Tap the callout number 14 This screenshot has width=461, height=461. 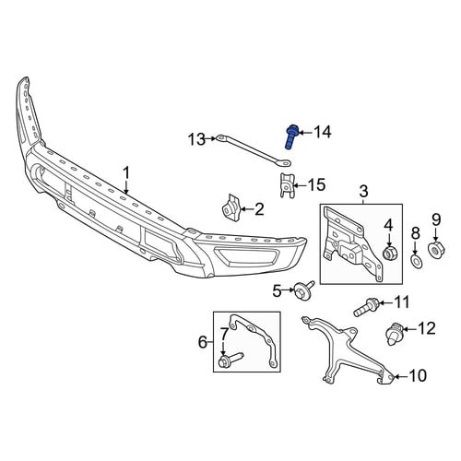[322, 132]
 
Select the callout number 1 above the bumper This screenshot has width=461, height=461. [126, 173]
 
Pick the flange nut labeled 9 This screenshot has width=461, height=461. [436, 251]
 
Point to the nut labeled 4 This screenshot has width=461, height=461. [389, 253]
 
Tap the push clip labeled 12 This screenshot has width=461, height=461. [394, 334]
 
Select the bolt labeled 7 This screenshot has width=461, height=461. [230, 360]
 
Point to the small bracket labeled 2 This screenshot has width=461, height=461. [231, 207]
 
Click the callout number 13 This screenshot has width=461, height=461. [196, 140]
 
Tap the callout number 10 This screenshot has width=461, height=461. [418, 375]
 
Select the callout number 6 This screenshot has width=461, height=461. [203, 342]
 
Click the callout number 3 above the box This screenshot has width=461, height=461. [363, 191]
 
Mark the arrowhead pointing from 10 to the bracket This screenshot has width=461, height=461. [396, 376]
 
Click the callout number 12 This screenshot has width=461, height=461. [426, 328]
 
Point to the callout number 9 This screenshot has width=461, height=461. [436, 219]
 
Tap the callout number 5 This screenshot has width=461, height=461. [277, 290]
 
